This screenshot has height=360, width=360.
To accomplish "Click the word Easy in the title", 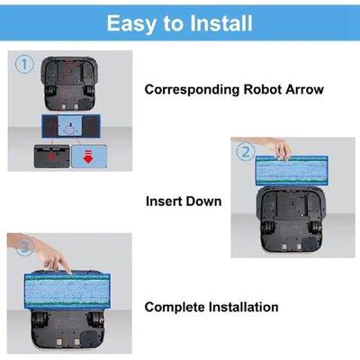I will click(130, 22).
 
